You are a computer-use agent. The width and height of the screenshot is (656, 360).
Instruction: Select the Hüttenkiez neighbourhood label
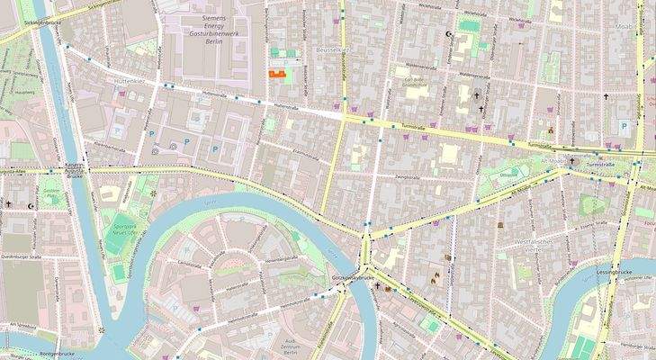tap(130, 80)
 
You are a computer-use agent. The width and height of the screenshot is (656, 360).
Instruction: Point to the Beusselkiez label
tap(333, 50)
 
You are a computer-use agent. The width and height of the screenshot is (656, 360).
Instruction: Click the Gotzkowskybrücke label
tap(352, 279)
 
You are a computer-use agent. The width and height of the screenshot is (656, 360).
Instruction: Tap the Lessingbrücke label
tap(616, 270)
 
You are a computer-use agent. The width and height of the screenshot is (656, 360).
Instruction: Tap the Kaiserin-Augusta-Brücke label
tap(75, 171)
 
